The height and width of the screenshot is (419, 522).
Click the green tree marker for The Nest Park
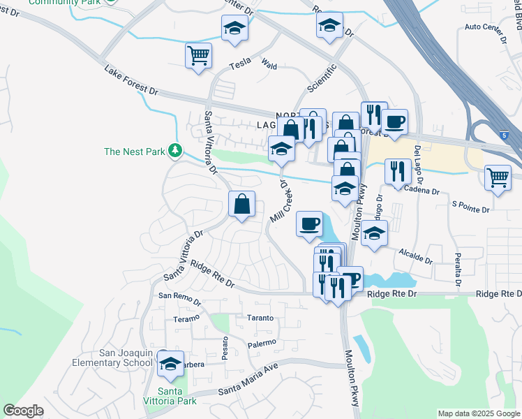pyautogui.click(x=175, y=150)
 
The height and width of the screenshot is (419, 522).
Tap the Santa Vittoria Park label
pyautogui.click(x=177, y=396)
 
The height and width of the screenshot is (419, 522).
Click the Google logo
pyautogui.click(x=23, y=411)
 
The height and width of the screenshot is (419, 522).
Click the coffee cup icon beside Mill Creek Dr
pyautogui.click(x=309, y=224)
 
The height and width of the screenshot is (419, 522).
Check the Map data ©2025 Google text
pyautogui.click(x=479, y=413)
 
